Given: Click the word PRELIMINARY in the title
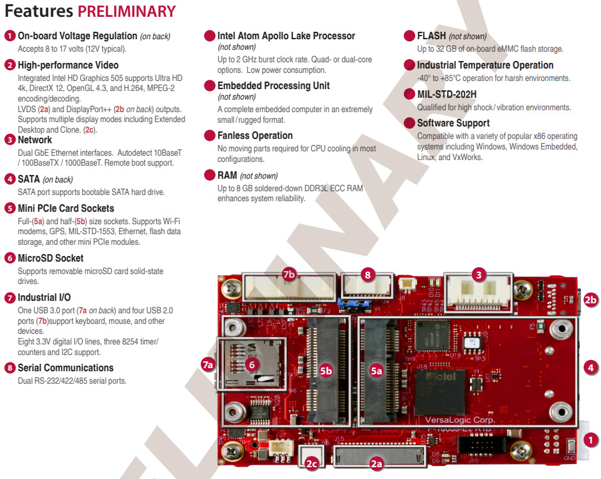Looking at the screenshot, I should tap(127, 11).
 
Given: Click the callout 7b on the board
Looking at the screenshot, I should tap(289, 274).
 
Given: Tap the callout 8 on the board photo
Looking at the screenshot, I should tap(368, 274).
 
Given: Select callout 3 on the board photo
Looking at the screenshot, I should tap(479, 273).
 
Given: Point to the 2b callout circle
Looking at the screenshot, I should tap(590, 300).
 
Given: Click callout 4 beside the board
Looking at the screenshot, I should tap(590, 368).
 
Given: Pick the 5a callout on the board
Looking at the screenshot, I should tap(376, 371).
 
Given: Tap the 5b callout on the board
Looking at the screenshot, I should tap(325, 371).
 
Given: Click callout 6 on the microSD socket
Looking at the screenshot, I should tap(251, 364).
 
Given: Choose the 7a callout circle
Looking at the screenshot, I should tap(208, 364).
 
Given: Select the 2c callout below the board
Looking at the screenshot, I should tap(312, 463).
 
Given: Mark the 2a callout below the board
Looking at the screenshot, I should tap(376, 463).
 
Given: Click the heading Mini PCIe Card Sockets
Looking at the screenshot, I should tap(66, 208).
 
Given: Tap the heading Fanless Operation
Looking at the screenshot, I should tap(255, 135).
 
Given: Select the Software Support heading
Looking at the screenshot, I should tap(453, 123).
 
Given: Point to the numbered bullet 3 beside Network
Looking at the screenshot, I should tap(10, 140).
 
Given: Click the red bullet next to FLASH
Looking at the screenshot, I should tap(410, 36).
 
